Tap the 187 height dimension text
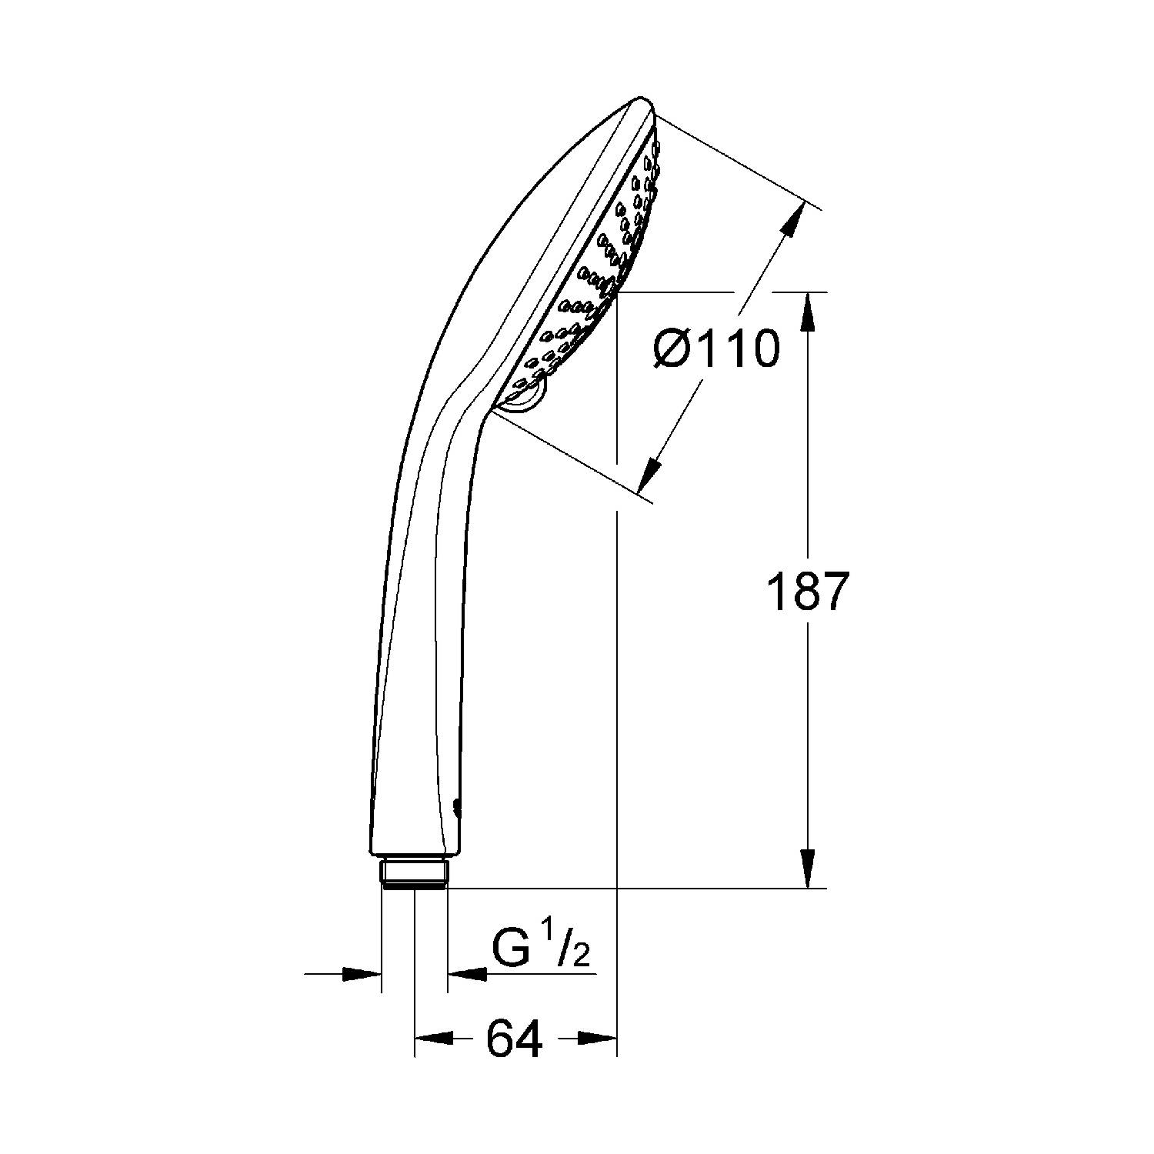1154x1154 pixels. [808, 592]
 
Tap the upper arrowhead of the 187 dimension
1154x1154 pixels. [808, 312]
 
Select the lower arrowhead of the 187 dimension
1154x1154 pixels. [808, 869]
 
